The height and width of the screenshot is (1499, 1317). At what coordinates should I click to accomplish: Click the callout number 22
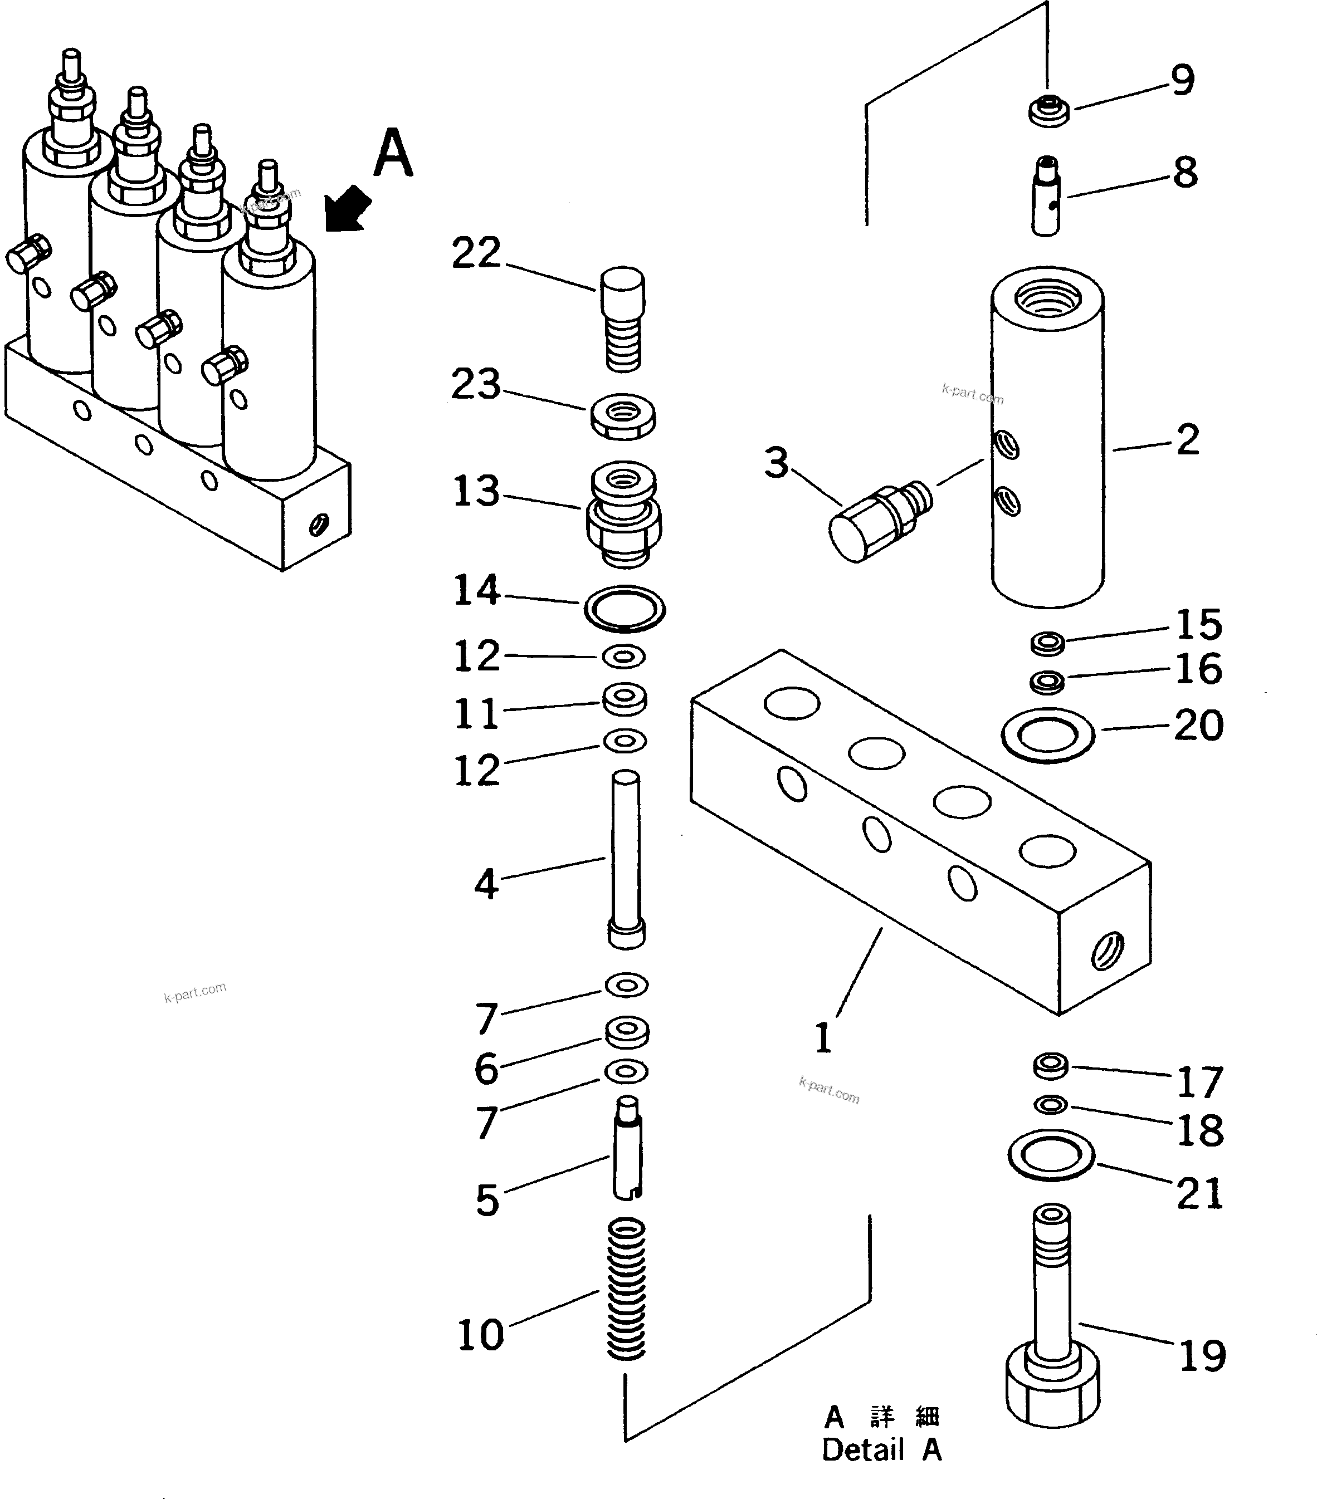point(475,253)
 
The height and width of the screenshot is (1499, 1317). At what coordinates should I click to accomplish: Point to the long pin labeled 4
point(626,858)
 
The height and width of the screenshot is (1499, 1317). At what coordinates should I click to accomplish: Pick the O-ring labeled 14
point(625,609)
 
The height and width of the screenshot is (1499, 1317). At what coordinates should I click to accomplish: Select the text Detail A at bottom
point(880,1450)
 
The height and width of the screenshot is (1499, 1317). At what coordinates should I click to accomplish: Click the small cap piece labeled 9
point(1049,111)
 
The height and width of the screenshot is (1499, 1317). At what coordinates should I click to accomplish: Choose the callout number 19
point(1202,1355)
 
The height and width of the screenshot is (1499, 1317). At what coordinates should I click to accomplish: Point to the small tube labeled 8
point(1047,197)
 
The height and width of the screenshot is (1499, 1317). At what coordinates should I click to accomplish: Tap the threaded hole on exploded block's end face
point(1106,953)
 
